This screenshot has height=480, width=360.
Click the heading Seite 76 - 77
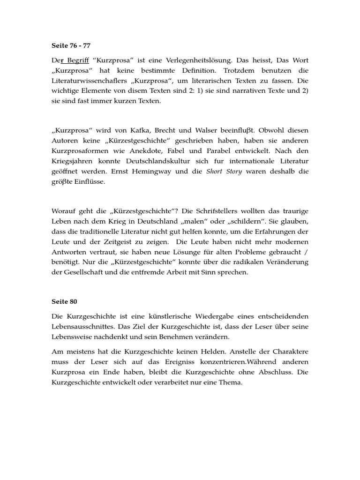click(70, 46)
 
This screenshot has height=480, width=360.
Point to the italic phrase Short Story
click(224, 171)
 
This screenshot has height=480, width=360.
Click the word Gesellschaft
click(82, 272)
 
